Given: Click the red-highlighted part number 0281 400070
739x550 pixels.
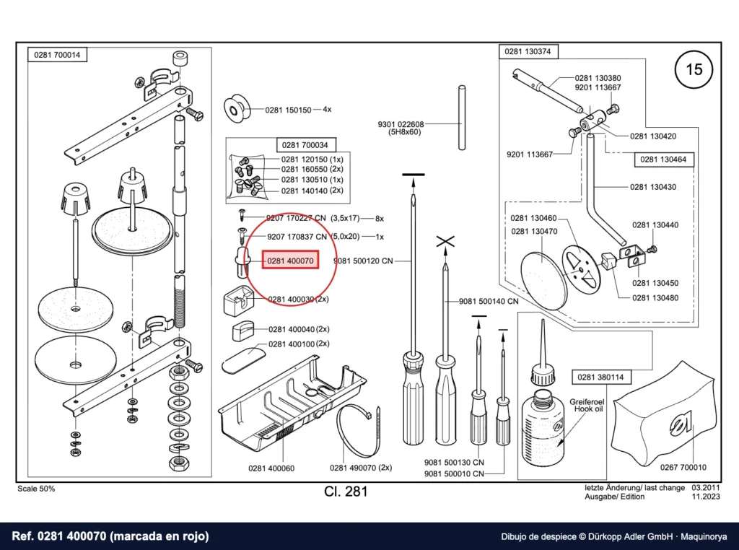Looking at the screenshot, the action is [290, 261].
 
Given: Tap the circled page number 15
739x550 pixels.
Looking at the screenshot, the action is [694, 69].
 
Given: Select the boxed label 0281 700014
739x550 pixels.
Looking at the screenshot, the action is [57, 55].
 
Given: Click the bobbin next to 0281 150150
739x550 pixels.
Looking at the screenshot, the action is [236, 110].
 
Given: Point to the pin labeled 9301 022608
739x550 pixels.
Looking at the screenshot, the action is [462, 118].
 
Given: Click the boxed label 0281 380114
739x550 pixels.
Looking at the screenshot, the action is [600, 377].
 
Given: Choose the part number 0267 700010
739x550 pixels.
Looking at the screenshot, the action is [683, 467].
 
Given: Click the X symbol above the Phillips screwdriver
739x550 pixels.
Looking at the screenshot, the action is [445, 242].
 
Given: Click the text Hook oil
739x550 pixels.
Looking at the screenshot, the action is [588, 409].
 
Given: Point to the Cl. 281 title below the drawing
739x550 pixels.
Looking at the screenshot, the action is [346, 492].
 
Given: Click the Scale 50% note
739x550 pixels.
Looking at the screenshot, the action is [36, 489].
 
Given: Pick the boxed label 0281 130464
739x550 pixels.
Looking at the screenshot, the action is [663, 160].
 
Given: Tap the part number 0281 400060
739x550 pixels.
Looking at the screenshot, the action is [271, 468].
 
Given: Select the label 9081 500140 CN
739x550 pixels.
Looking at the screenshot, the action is [489, 301].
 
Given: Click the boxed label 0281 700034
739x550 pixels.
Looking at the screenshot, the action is [305, 144].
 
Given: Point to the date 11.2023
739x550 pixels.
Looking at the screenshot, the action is [706, 497].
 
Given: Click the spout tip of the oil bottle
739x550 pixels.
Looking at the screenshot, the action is [543, 320].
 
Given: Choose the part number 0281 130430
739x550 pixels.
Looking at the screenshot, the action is [652, 187].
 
